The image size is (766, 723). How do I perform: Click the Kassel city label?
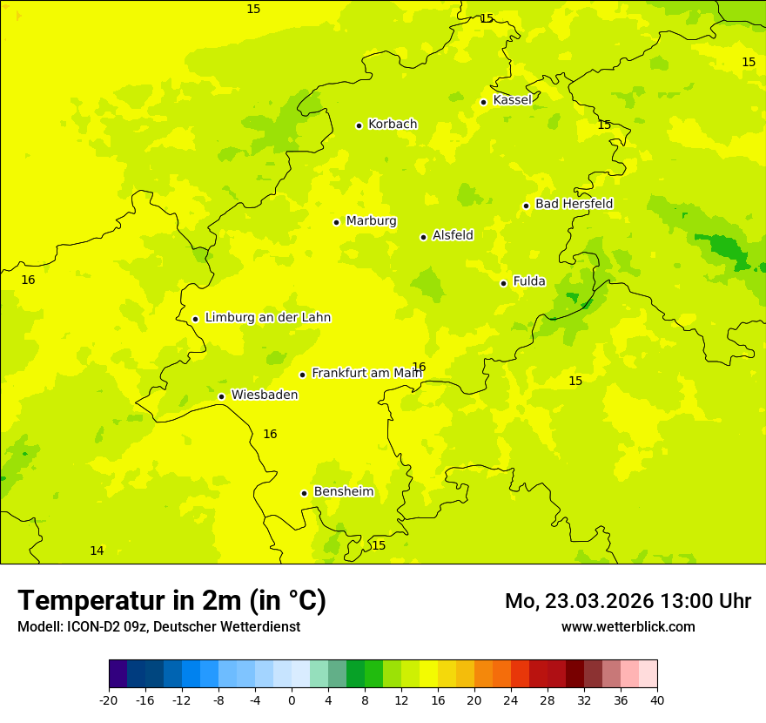[512, 100]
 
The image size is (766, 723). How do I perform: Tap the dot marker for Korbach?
[359, 125]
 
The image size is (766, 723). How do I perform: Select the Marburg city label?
[371, 221]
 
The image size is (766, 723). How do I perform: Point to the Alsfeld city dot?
[423, 237]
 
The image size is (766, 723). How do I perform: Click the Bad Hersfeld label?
[574, 204]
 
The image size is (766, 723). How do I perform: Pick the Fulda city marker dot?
[503, 283]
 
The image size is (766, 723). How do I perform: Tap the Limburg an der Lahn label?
[267, 318]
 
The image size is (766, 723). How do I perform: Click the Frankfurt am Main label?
[366, 373]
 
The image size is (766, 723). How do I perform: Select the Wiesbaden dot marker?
[221, 397]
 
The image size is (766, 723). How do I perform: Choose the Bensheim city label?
[343, 492]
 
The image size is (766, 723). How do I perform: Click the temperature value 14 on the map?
[97, 551]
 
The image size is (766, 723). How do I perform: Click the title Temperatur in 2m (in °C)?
[171, 600]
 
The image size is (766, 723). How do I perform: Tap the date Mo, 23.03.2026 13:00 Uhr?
[628, 601]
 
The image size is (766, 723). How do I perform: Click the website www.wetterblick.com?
[628, 627]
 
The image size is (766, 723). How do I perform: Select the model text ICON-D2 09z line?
[158, 627]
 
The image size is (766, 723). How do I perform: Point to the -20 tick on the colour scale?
[109, 700]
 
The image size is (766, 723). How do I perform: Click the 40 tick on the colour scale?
[656, 700]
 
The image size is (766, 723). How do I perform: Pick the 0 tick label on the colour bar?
[292, 700]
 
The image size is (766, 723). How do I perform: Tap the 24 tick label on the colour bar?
[510, 700]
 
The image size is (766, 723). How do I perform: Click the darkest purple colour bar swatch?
[118, 674]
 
